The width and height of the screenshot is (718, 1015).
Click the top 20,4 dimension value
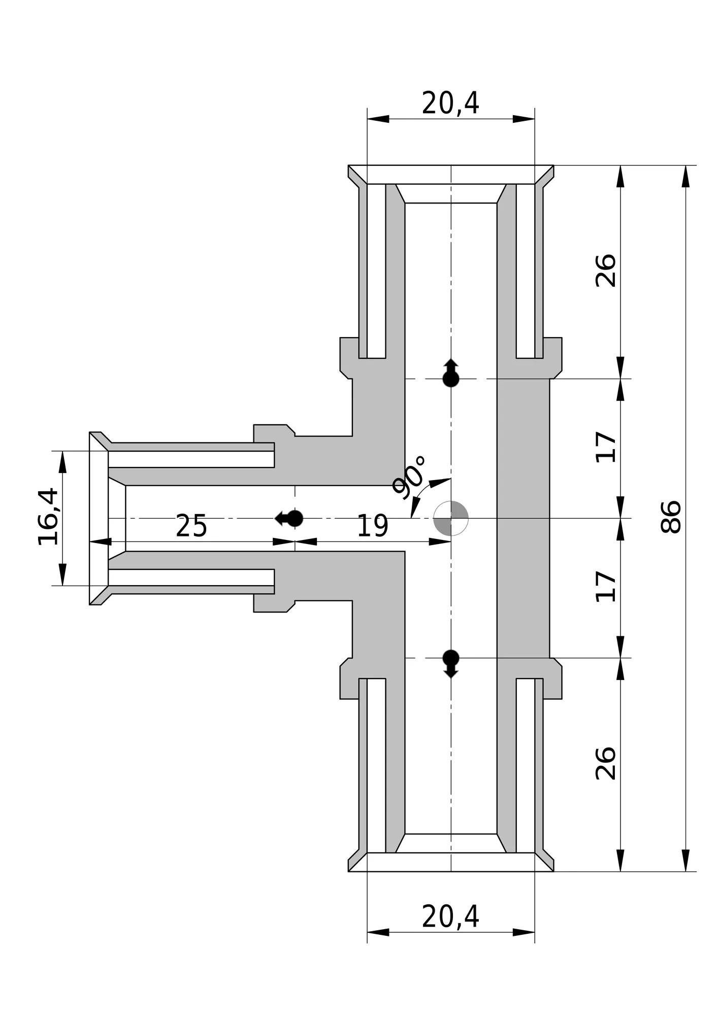click(450, 103)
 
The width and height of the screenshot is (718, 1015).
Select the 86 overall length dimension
click(671, 517)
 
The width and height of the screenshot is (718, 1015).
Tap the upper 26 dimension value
click(606, 270)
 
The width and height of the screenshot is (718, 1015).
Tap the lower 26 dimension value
click(606, 763)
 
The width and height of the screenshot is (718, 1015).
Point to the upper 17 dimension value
click(606, 447)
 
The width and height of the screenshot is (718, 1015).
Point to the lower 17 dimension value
click(606, 587)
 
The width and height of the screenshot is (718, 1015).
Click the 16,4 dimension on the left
click(49, 517)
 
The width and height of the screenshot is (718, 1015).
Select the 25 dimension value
click(191, 526)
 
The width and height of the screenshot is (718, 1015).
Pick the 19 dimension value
click(373, 526)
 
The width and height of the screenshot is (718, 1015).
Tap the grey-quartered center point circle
click(451, 518)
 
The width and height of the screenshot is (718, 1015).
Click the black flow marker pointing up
click(451, 373)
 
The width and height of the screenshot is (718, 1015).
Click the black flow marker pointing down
click(451, 664)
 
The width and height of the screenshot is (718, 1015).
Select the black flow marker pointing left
click(289, 518)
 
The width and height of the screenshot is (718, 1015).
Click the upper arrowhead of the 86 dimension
click(686, 177)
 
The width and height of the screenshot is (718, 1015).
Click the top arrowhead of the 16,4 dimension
click(63, 462)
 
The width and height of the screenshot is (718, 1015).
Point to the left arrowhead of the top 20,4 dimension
click(378, 119)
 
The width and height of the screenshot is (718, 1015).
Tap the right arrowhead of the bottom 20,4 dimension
click(524, 932)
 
